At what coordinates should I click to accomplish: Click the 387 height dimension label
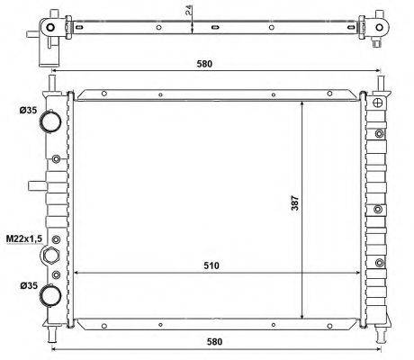[295, 203]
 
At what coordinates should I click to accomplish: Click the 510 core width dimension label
[211, 265]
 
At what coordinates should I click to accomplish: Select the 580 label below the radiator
[215, 341]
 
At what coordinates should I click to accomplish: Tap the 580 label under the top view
[204, 64]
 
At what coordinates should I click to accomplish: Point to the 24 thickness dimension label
[189, 10]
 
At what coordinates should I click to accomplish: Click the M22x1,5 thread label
[24, 238]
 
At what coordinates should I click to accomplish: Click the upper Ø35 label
[29, 111]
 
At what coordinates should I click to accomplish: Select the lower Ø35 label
[29, 285]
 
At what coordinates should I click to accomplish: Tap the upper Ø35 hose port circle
[50, 121]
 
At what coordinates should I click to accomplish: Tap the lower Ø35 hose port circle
[51, 295]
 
